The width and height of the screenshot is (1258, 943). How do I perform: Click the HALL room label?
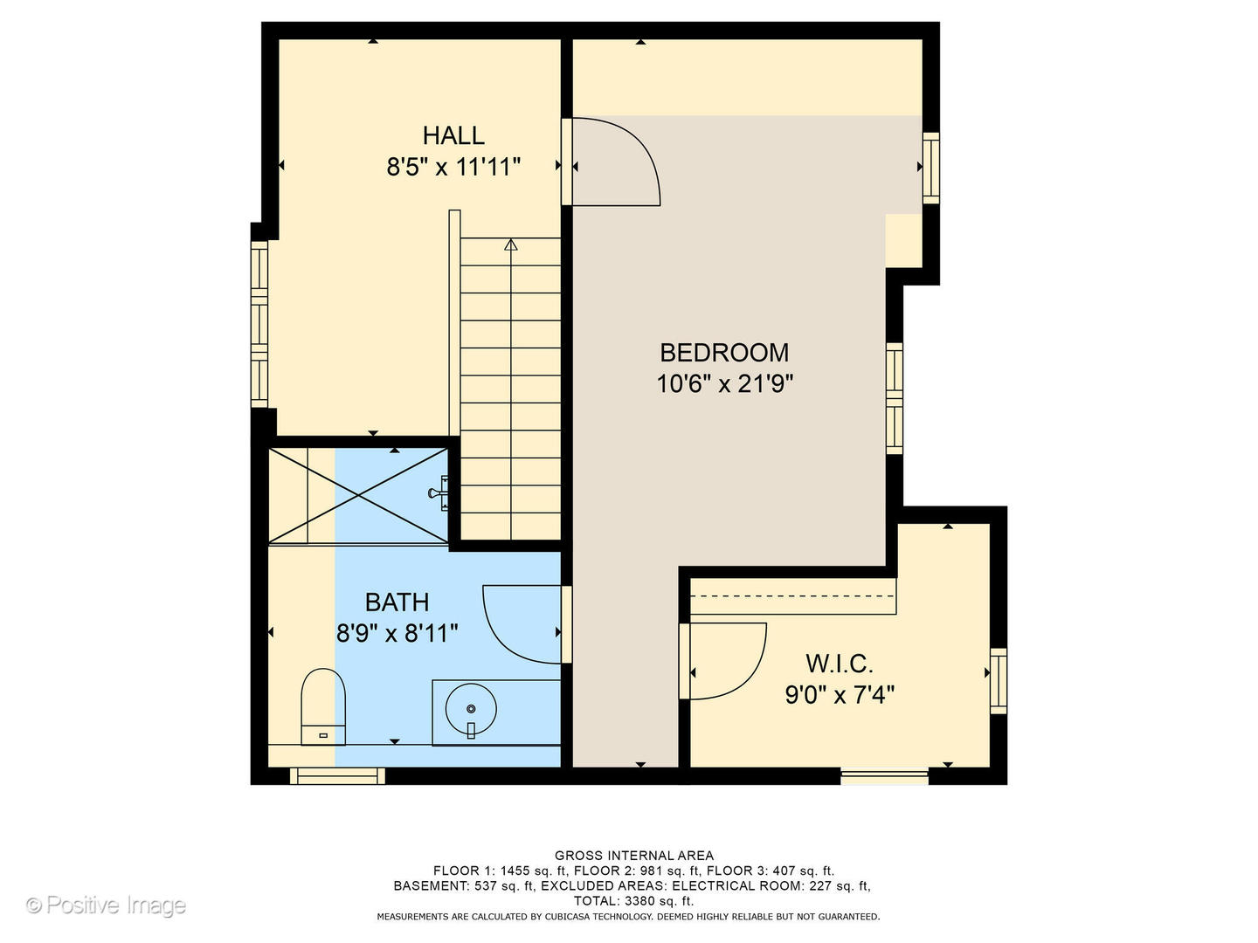tap(453, 135)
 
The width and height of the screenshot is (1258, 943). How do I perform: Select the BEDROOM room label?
tap(723, 352)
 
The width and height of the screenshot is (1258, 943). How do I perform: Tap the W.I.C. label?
tap(839, 664)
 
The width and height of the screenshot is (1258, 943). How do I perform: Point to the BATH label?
tap(397, 602)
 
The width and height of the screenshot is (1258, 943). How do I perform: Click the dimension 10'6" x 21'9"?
tap(724, 383)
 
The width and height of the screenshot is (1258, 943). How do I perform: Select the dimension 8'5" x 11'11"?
tap(453, 166)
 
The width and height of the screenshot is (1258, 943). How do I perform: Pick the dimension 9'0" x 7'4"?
tap(839, 695)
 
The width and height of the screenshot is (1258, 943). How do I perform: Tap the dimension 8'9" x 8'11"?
tap(397, 633)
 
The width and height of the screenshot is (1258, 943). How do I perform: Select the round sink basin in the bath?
tap(471, 709)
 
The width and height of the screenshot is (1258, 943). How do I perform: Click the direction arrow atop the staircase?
tap(511, 244)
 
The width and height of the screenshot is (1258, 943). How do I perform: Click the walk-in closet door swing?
tap(725, 661)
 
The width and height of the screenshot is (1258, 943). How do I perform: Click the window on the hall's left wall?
tap(259, 324)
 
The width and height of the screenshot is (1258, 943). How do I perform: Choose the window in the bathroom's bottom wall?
tap(337, 775)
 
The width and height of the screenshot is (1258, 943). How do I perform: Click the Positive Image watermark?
tap(106, 905)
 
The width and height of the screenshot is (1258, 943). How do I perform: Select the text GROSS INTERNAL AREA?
tap(633, 856)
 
